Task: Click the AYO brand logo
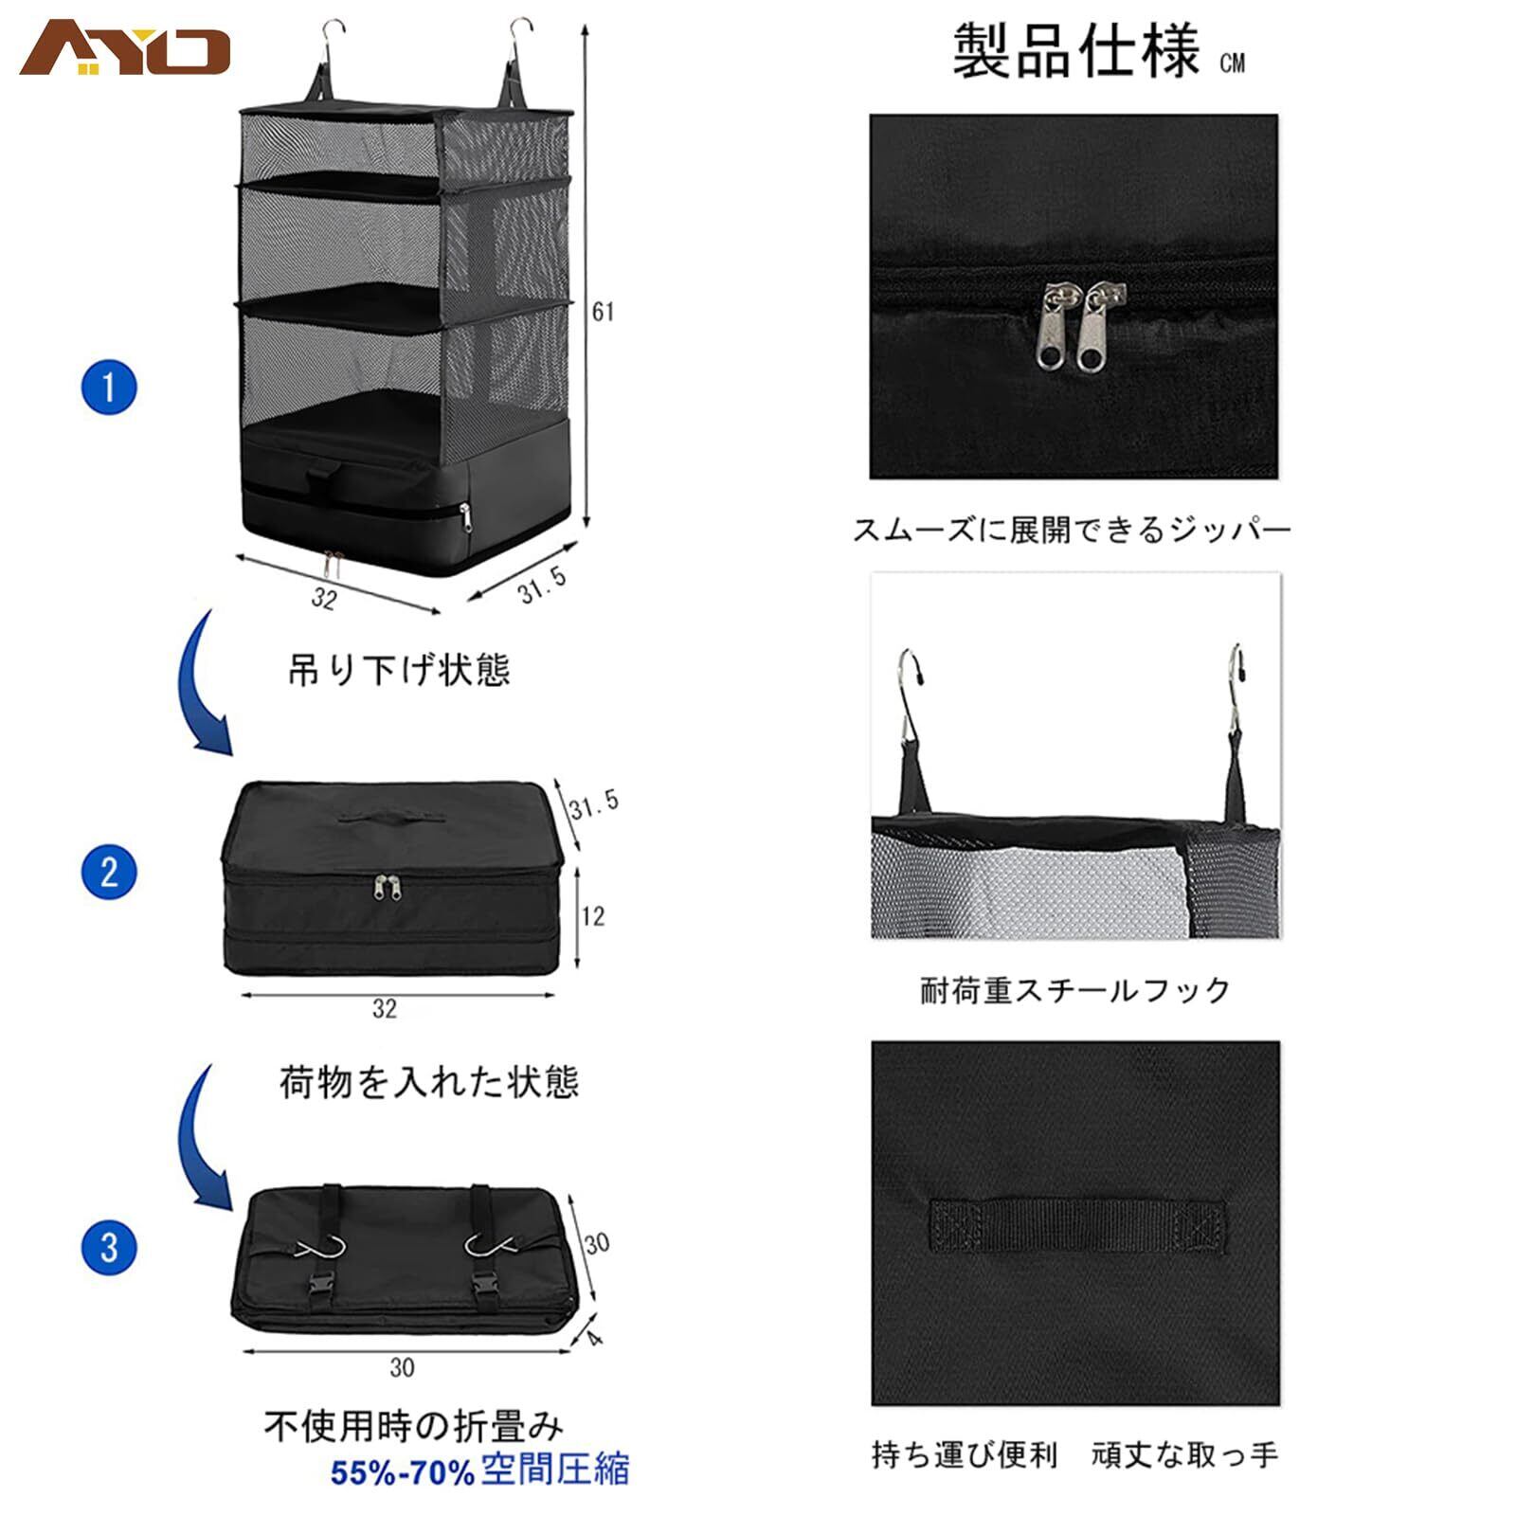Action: (125, 50)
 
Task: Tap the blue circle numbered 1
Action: (109, 388)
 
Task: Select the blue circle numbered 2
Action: (109, 872)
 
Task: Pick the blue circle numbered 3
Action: (109, 1247)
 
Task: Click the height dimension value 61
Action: (603, 312)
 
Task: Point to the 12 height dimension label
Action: (592, 916)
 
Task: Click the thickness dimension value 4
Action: (594, 1337)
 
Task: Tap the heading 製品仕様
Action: (1075, 51)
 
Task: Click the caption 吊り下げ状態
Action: (399, 671)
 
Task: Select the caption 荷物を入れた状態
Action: (428, 1081)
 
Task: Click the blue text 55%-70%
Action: (402, 1472)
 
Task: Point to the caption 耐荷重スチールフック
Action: (1075, 991)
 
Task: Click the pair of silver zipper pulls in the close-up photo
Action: (1086, 328)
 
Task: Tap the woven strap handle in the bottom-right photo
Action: (1076, 1225)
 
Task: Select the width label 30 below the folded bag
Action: (402, 1367)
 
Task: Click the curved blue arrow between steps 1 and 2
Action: (204, 684)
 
